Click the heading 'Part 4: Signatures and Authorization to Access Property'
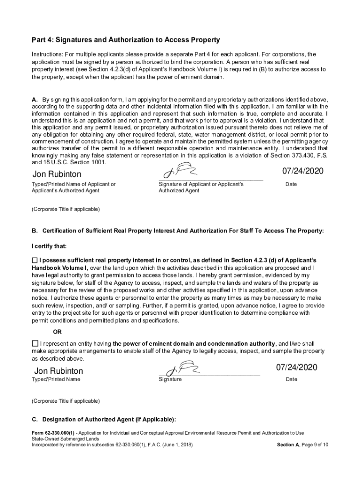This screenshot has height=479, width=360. (x=125, y=40)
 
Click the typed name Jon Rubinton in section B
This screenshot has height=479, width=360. (x=58, y=371)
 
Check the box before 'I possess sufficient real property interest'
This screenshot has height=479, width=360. (x=35, y=260)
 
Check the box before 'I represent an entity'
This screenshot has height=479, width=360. (x=35, y=343)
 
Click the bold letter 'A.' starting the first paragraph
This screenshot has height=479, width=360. (x=35, y=100)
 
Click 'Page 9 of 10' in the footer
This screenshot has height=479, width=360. (x=313, y=445)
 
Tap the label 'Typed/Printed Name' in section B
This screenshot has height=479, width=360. (x=56, y=379)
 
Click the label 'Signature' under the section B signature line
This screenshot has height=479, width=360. (x=170, y=379)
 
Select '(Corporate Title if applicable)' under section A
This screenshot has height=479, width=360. (x=65, y=209)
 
